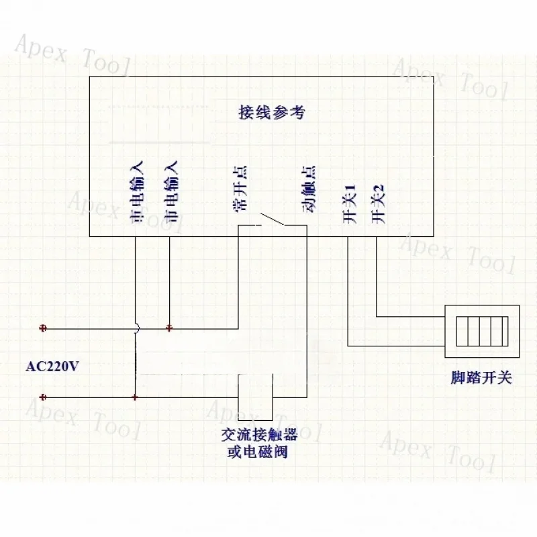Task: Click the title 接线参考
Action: [272, 112]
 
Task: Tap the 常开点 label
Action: [240, 189]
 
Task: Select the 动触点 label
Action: [309, 189]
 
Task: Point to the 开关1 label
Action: [350, 204]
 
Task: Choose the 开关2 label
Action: [378, 204]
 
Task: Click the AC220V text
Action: [52, 367]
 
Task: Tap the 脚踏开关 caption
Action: [481, 378]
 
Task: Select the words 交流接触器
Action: [259, 434]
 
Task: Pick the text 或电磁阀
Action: [258, 452]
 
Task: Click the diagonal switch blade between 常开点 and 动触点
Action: [273, 219]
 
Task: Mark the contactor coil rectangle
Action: [255, 397]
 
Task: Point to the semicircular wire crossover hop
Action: [138, 329]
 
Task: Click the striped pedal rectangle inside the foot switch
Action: [482, 331]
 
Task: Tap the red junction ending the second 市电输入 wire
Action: [169, 328]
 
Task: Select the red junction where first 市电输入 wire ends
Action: [135, 397]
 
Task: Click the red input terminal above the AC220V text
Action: [43, 328]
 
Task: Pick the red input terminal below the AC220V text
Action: [43, 397]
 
